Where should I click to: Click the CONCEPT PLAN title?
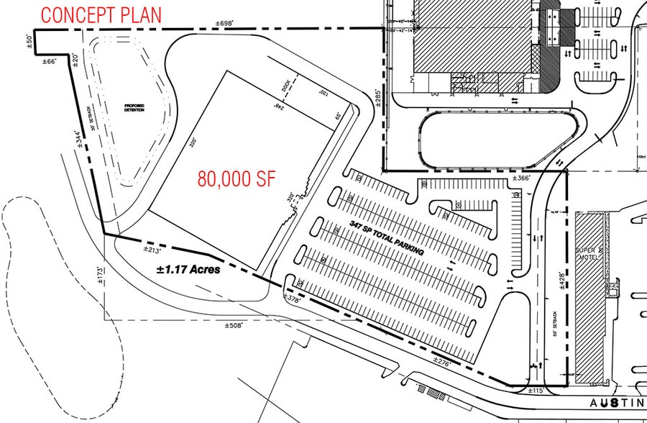pyautogui.click(x=101, y=14)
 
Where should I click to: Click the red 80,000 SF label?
pyautogui.click(x=235, y=179)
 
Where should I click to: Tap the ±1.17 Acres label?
pyautogui.click(x=189, y=270)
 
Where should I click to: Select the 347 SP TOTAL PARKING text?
pyautogui.click(x=384, y=240)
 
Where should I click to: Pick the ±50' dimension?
pyautogui.click(x=29, y=40)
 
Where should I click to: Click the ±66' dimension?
pyautogui.click(x=50, y=63)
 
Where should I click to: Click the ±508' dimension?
pyautogui.click(x=237, y=326)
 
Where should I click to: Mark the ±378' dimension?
pyautogui.click(x=292, y=299)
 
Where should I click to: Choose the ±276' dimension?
pyautogui.click(x=442, y=362)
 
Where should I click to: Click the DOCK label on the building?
pyautogui.click(x=288, y=85)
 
